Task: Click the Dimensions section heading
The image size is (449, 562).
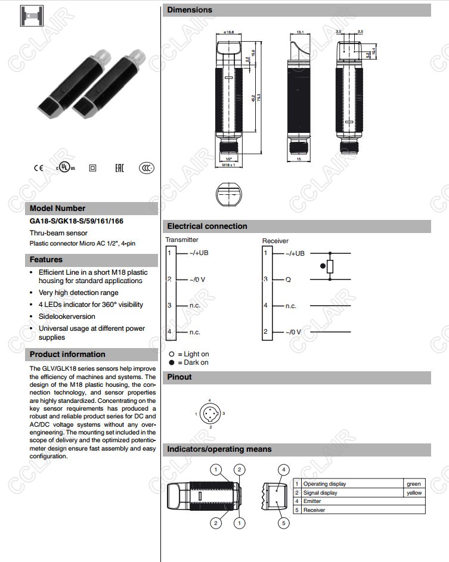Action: (190, 10)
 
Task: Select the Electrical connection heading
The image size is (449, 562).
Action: (207, 226)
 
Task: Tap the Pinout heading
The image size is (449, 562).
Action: (179, 377)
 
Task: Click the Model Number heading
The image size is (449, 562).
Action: (57, 208)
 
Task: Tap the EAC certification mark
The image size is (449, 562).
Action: (119, 168)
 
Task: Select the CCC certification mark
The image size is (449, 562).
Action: (147, 168)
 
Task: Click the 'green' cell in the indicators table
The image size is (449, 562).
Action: (413, 483)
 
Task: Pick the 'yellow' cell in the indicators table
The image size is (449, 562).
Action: (413, 492)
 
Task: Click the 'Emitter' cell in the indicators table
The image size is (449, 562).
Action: (312, 501)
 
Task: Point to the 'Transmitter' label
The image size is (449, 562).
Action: (182, 240)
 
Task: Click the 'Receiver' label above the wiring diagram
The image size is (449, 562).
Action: (275, 241)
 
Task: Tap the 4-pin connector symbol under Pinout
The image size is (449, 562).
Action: (210, 413)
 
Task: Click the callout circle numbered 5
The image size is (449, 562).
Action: (284, 523)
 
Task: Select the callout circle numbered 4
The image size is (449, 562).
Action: (284, 470)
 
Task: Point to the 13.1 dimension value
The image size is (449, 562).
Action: (300, 32)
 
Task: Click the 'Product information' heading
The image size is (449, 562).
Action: (67, 354)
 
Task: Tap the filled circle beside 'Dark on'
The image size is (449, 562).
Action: (172, 362)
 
